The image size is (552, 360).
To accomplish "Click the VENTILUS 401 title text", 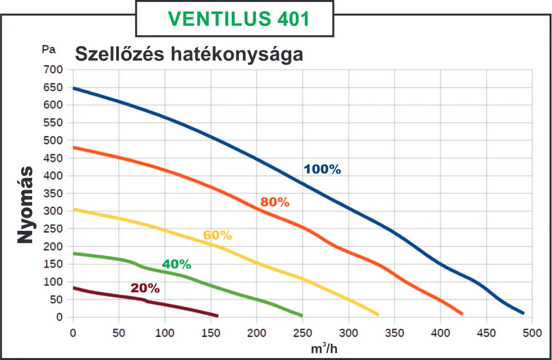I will [239, 19].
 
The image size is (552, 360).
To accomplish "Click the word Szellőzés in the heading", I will [119, 54].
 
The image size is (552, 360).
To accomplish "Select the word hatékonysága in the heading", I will [236, 54].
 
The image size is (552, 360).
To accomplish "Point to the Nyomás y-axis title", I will [25, 205].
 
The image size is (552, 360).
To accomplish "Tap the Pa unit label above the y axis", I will [49, 49].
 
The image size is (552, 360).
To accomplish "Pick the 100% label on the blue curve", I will [322, 169].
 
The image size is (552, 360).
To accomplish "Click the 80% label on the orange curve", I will [275, 202].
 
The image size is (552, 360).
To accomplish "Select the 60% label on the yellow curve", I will [217, 235].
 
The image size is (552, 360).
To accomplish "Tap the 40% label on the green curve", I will [176, 264].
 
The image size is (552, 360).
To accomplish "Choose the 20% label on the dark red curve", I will [145, 288].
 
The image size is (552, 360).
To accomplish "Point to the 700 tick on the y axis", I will [53, 70].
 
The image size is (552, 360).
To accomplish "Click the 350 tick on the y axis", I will [53, 193].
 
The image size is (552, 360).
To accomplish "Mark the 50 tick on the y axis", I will [56, 300].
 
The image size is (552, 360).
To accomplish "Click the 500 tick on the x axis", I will [532, 332].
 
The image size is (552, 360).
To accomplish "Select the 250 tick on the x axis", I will [302, 332].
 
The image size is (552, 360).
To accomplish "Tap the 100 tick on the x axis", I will [165, 332].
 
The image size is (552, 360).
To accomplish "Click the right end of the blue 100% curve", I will [523, 313].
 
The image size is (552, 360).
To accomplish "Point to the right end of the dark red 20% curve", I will [217, 315].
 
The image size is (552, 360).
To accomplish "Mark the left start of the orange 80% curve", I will [73, 147].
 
